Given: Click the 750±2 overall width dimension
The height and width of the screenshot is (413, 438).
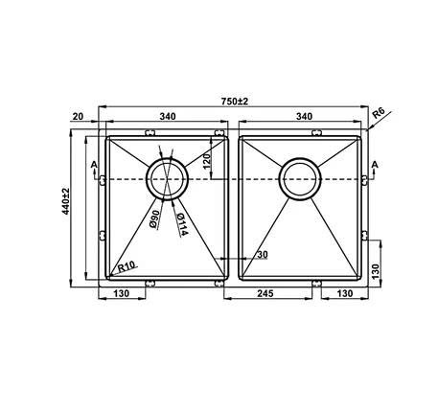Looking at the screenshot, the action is (235, 102).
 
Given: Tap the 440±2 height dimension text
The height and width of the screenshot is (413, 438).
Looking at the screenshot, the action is (66, 201).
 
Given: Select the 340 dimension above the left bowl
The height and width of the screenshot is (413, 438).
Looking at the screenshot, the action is (168, 116).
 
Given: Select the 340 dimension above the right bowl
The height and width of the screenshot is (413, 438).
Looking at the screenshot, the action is (304, 116).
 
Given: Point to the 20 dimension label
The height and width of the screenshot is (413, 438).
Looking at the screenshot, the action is (78, 116).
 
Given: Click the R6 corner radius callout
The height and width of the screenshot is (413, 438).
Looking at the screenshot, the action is (379, 113).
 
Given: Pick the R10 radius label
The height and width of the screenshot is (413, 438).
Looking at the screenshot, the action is (127, 267).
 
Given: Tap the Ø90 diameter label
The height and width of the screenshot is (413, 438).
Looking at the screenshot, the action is (154, 219).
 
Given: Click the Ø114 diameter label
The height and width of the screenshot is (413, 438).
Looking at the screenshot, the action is (181, 224).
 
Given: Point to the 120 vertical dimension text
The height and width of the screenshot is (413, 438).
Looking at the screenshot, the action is (207, 161).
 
